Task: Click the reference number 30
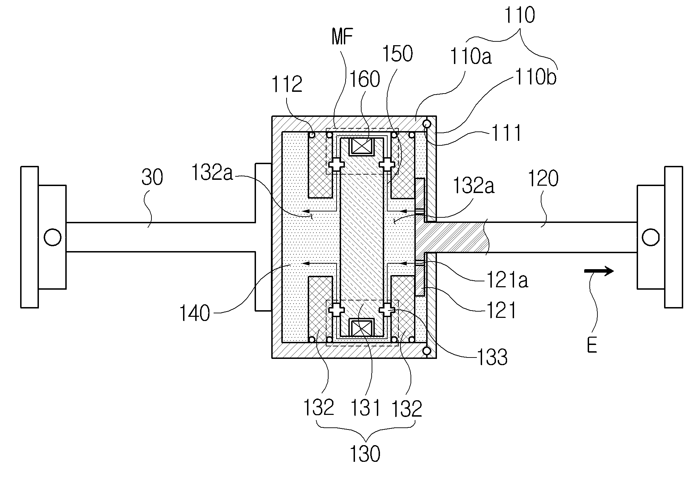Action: (x=152, y=178)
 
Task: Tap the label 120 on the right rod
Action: (x=543, y=179)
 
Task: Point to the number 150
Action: (x=397, y=54)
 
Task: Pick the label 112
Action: (x=287, y=85)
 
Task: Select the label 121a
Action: (x=507, y=281)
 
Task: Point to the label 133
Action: (x=493, y=357)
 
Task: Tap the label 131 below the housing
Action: (x=365, y=408)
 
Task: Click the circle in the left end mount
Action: (x=53, y=238)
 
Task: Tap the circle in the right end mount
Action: (x=651, y=238)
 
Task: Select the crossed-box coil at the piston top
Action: (x=362, y=146)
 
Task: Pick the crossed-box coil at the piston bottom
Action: (x=362, y=328)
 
